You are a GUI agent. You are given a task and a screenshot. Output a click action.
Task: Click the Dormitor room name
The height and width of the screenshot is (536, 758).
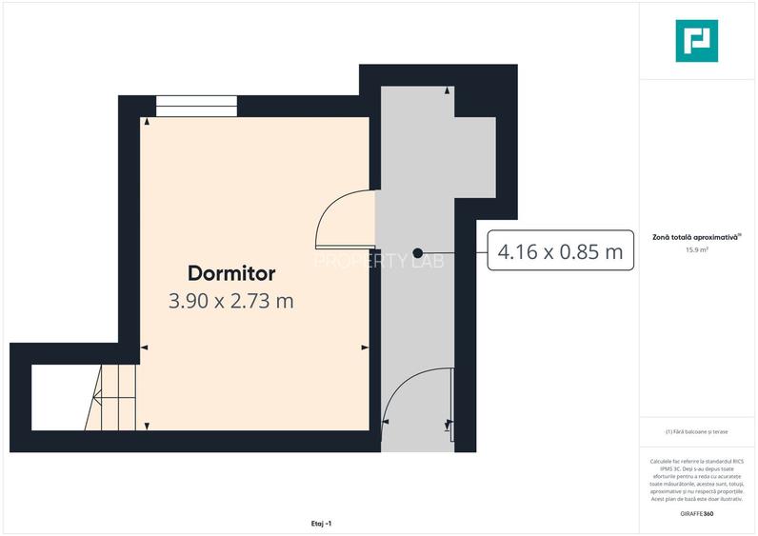(x=231, y=273)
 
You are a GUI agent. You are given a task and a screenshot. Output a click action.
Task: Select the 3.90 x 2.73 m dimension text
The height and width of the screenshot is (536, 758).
(x=231, y=302)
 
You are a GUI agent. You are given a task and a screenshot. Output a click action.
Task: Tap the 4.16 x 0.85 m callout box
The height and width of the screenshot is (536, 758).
(x=561, y=252)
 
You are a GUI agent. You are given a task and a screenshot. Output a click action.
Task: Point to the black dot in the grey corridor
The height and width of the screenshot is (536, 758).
(x=417, y=253)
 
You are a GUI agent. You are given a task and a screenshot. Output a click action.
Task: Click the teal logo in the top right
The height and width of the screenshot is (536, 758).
(x=696, y=41)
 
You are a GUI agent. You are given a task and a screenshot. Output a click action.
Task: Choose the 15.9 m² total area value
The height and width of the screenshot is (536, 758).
(x=697, y=250)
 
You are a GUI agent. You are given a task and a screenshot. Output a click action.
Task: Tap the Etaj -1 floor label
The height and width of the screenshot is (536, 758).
(x=321, y=523)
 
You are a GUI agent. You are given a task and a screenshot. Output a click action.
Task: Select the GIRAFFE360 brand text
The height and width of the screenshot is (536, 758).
(x=697, y=513)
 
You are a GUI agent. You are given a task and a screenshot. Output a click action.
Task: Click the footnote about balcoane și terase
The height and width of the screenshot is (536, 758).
(x=697, y=432)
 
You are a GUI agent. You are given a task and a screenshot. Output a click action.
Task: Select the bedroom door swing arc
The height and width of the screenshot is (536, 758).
(x=341, y=217)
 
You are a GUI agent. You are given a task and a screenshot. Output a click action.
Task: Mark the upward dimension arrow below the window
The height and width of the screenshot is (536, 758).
(x=147, y=122)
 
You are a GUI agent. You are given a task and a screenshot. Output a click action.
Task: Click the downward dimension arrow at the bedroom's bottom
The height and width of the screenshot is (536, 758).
(x=147, y=426)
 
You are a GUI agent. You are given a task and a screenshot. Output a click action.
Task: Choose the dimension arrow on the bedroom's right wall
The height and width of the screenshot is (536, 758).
(x=365, y=347)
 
